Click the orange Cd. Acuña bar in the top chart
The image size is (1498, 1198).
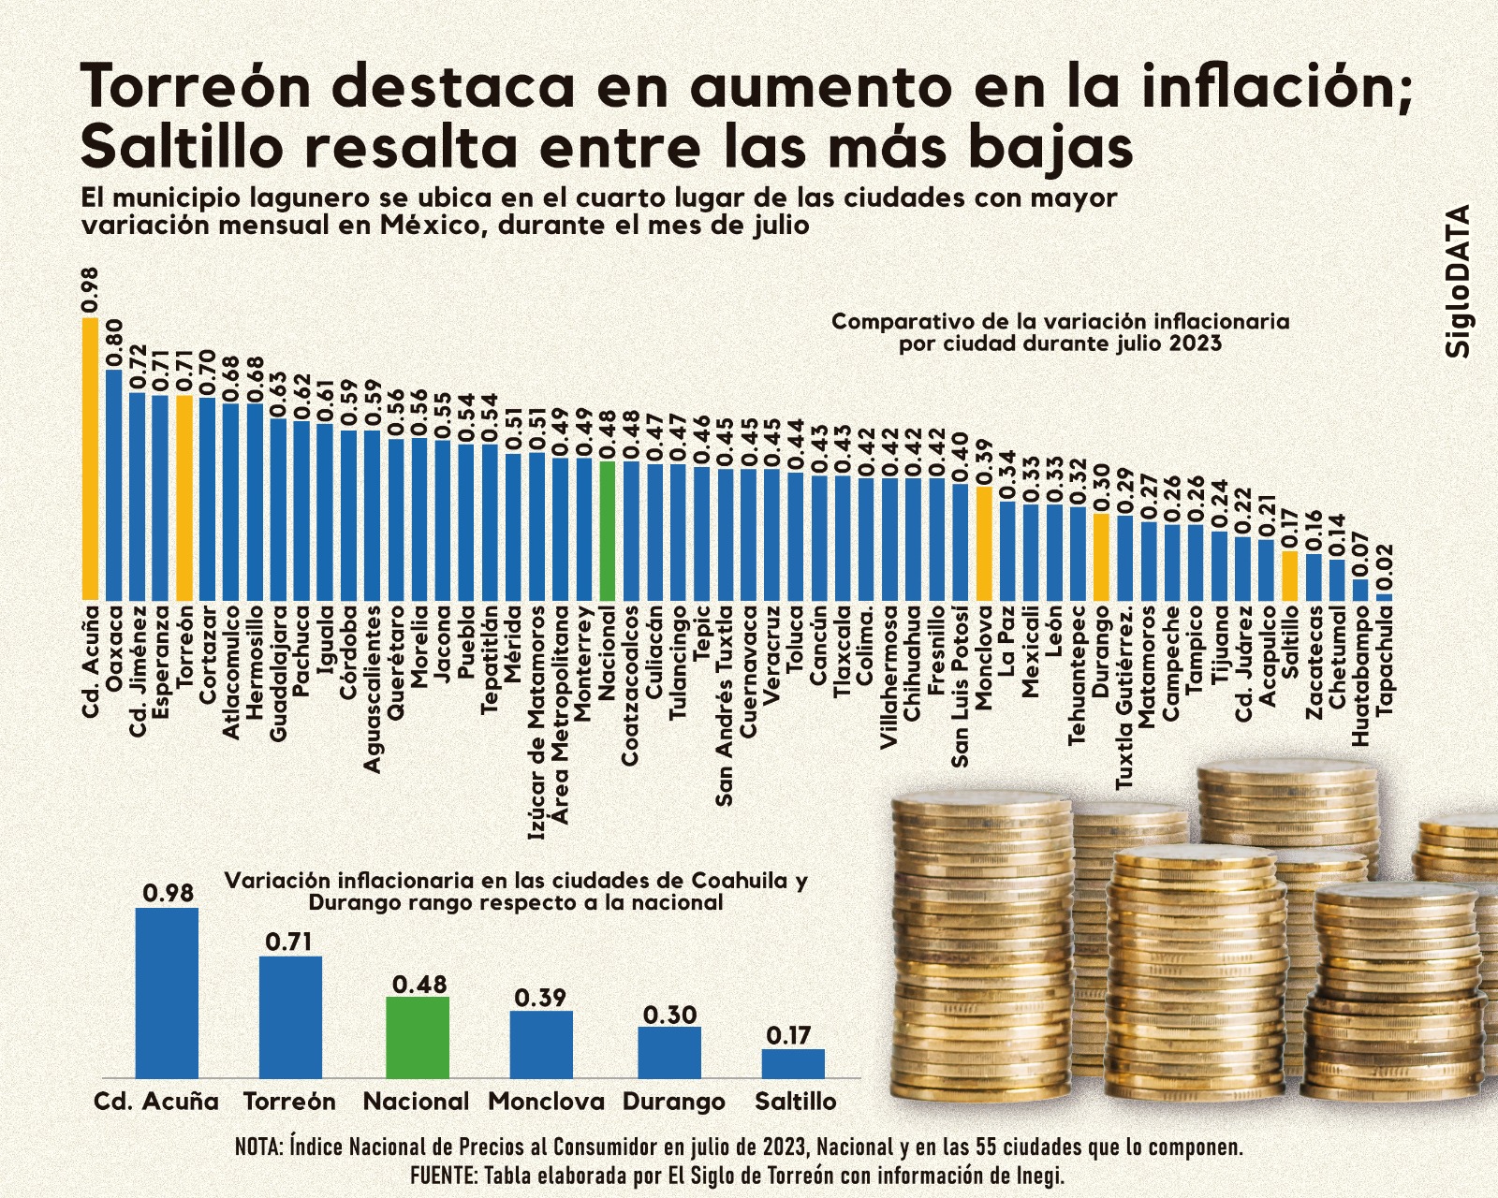coord(90,459)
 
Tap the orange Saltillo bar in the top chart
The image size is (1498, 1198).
coord(1289,576)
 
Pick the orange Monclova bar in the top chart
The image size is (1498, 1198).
coord(984,543)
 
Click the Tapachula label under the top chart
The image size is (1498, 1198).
coord(1385,660)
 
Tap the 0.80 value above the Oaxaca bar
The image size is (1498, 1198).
coord(114,343)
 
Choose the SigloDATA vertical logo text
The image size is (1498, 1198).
coord(1458,281)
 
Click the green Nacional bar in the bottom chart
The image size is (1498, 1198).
coord(418,1037)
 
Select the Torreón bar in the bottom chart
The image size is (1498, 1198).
coord(290,1016)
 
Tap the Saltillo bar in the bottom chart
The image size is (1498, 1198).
coord(793,1063)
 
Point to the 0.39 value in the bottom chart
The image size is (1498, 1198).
coord(540,998)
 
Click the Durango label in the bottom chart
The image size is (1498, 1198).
coord(673,1102)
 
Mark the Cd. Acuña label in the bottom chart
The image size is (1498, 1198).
coord(156,1102)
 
